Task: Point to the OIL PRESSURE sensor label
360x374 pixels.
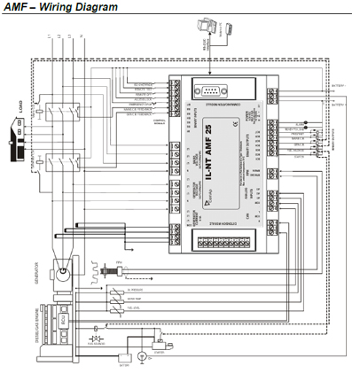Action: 137,288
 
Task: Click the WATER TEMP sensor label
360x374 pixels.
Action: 137,299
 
